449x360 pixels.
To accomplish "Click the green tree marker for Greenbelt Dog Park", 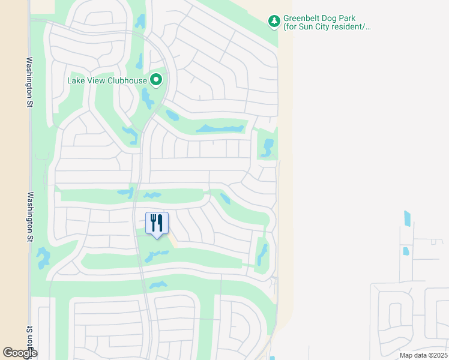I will coord(274,22).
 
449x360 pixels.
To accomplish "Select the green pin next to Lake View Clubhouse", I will coord(156,80).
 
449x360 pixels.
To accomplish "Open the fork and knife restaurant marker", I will coord(157,223).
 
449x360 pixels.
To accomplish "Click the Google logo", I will coord(19,353).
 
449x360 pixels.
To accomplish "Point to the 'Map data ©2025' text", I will coord(422,355).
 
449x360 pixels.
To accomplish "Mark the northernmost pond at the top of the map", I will coord(140,22).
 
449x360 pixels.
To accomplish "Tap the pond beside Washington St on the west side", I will coord(43,258).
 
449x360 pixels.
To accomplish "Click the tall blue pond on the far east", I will coord(408,218).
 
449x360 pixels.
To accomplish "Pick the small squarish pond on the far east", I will coord(405,251).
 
